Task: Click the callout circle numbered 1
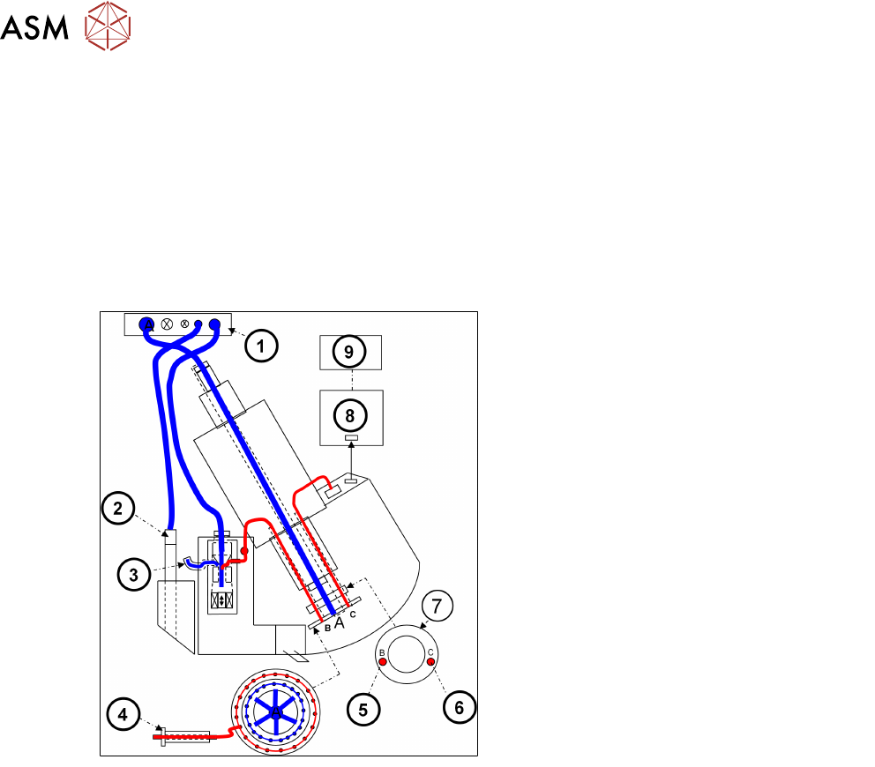tap(261, 346)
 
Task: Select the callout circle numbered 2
tap(117, 508)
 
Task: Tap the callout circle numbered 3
tap(134, 575)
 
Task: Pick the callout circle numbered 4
tap(123, 715)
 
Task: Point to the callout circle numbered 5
tap(363, 710)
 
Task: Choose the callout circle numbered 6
tap(460, 707)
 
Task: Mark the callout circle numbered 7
tap(437, 606)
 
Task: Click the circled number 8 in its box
tap(350, 415)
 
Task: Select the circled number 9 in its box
tap(348, 352)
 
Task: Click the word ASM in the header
tap(34, 28)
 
